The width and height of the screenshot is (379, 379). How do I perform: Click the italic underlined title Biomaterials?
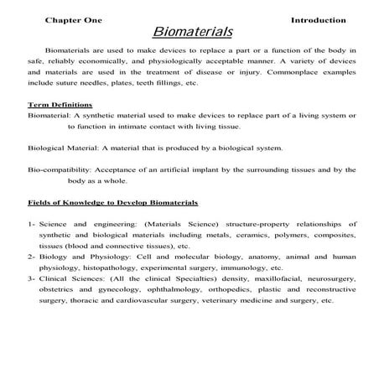point(192,33)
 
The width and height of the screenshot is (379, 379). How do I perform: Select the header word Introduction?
point(318,19)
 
